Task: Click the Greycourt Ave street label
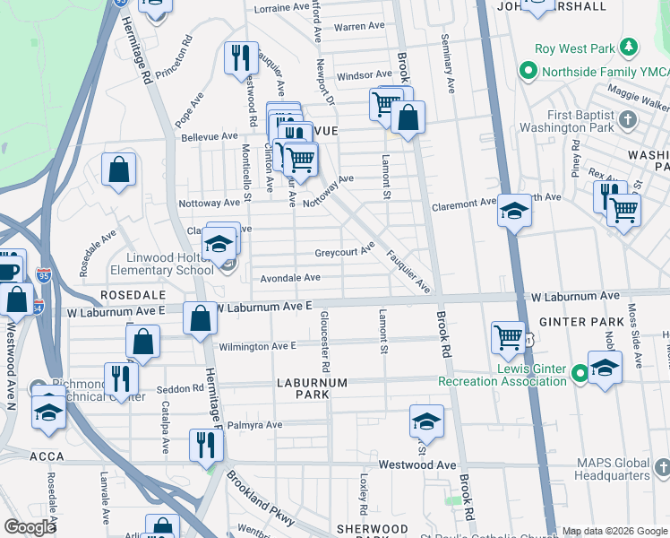344,252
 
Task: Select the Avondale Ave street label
290,278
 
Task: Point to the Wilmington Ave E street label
257,346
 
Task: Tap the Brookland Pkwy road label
260,503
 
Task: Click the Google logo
30,527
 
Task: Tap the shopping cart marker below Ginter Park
508,337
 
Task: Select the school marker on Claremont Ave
514,212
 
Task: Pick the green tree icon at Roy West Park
631,46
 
